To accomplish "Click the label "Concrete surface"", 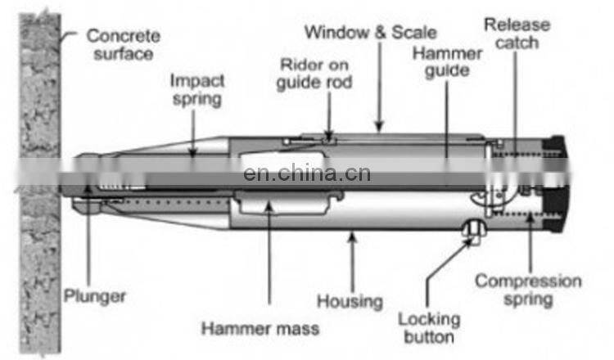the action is [x=124, y=45].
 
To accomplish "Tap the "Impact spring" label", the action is [x=197, y=90].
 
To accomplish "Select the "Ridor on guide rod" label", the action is [x=314, y=74].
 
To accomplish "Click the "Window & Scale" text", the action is [x=370, y=32].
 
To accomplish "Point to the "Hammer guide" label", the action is [x=447, y=63].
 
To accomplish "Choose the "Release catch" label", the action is [x=517, y=34].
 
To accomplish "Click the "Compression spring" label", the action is [x=528, y=290].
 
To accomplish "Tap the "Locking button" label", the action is [x=429, y=328].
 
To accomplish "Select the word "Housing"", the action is [x=350, y=302].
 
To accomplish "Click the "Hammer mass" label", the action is [x=260, y=329].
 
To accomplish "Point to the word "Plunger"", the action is [x=95, y=296].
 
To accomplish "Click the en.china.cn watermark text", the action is [x=307, y=173].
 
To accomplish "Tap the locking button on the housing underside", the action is [x=474, y=231].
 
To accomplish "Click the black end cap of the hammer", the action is [x=556, y=184].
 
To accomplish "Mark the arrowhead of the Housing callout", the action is [x=352, y=236].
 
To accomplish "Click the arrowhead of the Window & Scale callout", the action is [x=379, y=127].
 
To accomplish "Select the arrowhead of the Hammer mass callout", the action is [x=269, y=206].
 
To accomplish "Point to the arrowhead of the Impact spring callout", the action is [x=192, y=152].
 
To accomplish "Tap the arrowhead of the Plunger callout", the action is [x=89, y=189].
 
